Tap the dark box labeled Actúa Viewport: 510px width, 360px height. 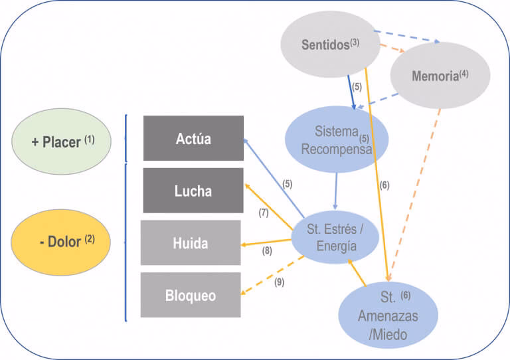(193, 138)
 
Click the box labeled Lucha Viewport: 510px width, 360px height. (193, 191)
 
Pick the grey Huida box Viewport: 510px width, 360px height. (191, 243)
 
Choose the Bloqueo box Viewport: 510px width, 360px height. (191, 295)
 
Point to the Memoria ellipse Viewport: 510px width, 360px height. (440, 76)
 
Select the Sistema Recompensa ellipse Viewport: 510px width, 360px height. (337, 139)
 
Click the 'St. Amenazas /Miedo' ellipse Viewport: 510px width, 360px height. (388, 315)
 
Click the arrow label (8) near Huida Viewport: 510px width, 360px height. (267, 251)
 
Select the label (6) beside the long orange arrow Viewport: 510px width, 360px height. (384, 186)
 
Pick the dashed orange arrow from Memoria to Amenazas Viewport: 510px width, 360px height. (416, 193)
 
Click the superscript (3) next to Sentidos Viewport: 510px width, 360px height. (355, 43)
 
